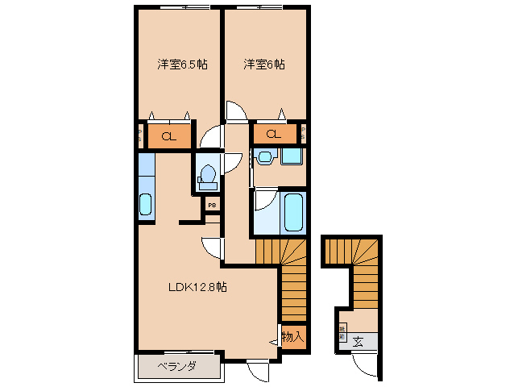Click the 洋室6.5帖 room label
tap(181, 64)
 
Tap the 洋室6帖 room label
tap(264, 64)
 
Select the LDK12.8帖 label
tap(197, 287)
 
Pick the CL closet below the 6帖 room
tap(274, 135)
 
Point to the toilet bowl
tap(207, 174)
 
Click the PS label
tap(211, 206)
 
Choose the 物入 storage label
tap(292, 336)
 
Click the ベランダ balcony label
tap(176, 368)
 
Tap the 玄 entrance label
tap(357, 342)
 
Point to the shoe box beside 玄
tap(342, 331)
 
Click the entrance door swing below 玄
tap(364, 364)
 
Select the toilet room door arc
tap(210, 139)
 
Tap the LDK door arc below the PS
tap(210, 245)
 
